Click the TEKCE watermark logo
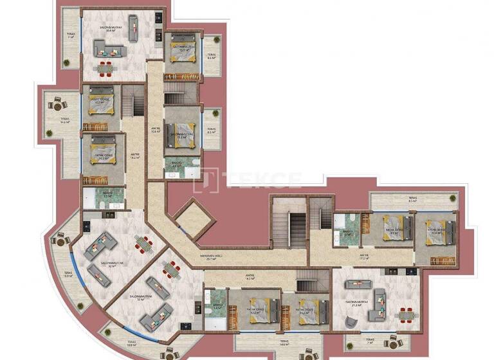(x=247, y=178)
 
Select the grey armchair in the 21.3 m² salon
(x=380, y=300)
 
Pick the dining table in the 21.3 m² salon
(x=407, y=314)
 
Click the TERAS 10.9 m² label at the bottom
(x=131, y=344)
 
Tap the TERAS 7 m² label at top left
(x=71, y=37)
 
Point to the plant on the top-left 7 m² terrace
(x=66, y=62)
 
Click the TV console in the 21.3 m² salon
(x=355, y=283)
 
